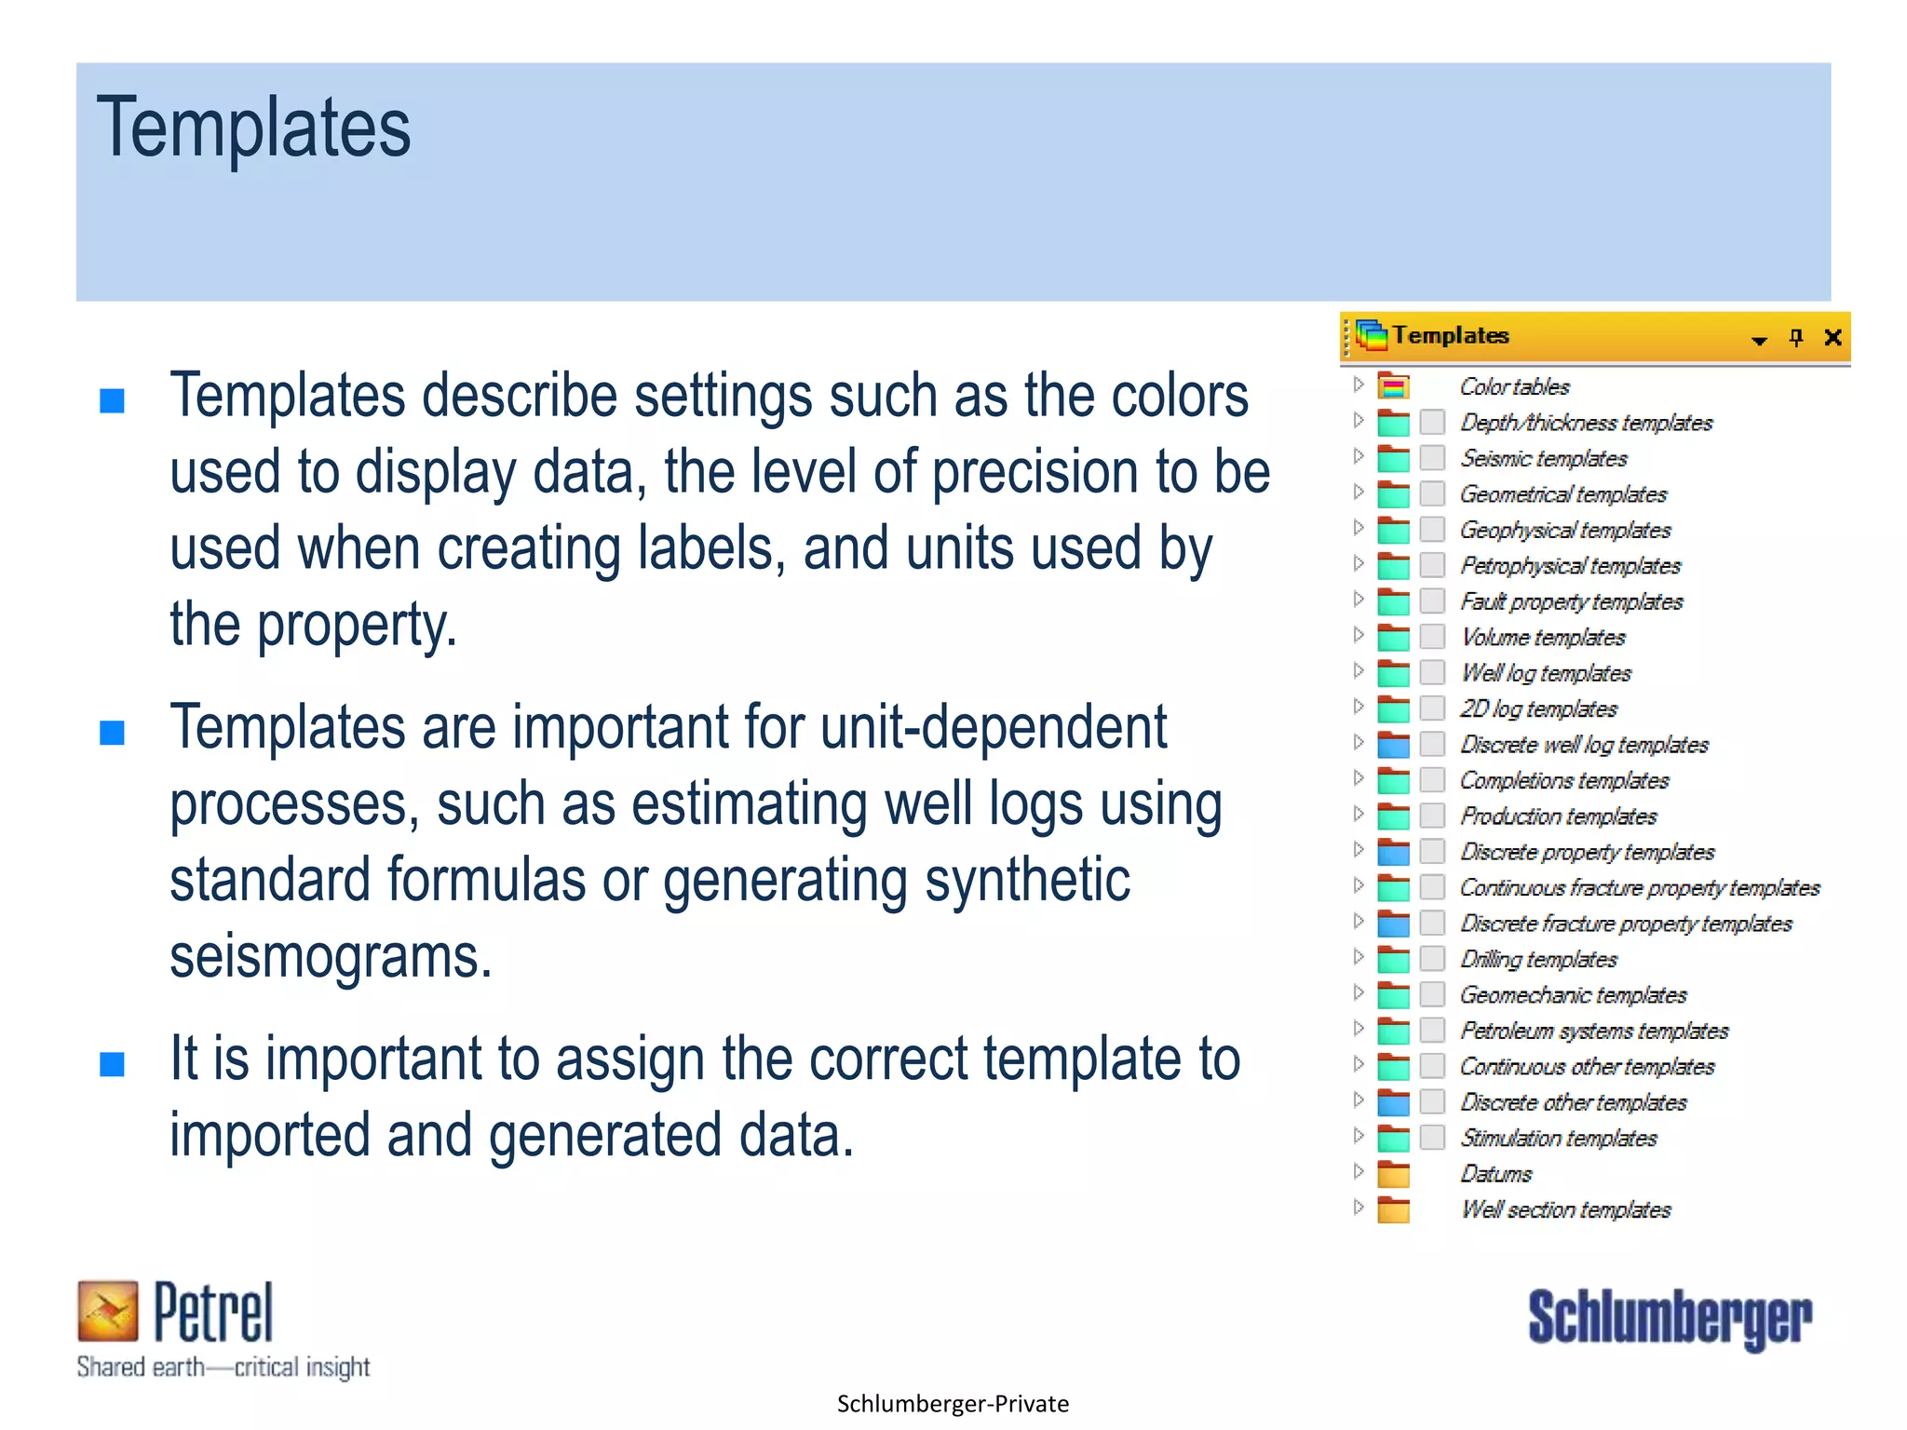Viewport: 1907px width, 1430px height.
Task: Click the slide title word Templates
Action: (x=253, y=128)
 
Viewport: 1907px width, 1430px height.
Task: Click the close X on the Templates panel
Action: (x=1833, y=337)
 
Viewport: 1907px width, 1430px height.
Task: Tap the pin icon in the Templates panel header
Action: (x=1796, y=337)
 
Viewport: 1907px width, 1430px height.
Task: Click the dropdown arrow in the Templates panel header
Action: (x=1759, y=340)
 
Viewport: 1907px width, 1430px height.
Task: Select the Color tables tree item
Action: (x=1514, y=386)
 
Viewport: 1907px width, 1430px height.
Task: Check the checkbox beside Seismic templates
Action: (x=1432, y=458)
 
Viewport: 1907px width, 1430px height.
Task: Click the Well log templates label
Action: (x=1546, y=673)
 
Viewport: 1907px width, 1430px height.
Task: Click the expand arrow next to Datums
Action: (x=1359, y=1171)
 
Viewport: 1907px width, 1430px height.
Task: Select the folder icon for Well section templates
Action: (x=1393, y=1210)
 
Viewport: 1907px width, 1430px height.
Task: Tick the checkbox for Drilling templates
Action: (x=1432, y=959)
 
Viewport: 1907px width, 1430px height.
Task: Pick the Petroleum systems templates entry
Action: (x=1593, y=1031)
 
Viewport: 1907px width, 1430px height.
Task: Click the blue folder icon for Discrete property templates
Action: (x=1393, y=853)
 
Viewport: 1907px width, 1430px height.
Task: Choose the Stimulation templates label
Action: (x=1558, y=1138)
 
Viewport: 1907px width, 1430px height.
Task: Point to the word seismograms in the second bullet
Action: (x=330, y=957)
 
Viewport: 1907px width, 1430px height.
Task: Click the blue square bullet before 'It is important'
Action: (x=113, y=1063)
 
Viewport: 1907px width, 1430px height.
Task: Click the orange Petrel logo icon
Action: (x=108, y=1310)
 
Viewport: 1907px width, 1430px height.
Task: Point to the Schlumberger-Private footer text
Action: (x=953, y=1403)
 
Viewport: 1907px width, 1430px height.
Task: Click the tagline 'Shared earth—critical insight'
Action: (x=223, y=1367)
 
